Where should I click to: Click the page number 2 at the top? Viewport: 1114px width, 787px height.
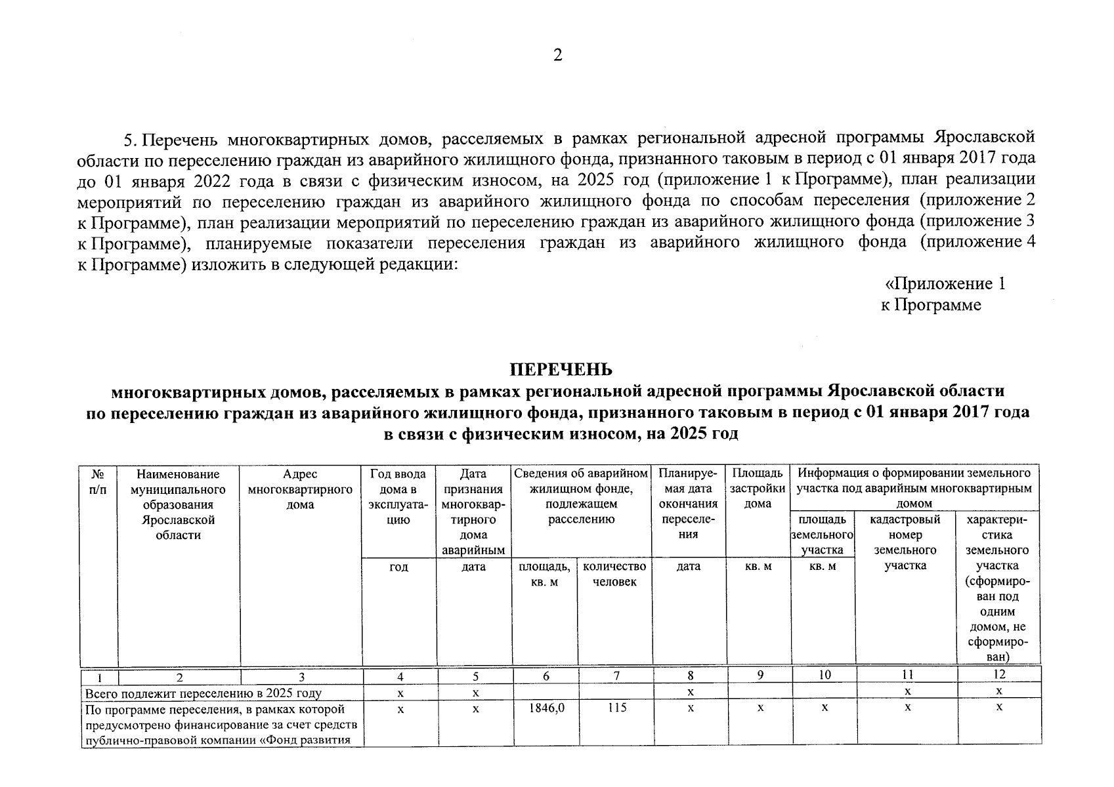(x=557, y=56)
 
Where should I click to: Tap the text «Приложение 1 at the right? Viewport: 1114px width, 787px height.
(x=945, y=284)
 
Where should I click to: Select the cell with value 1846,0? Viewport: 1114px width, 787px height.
(x=544, y=708)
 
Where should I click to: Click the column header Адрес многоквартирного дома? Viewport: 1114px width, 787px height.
(x=301, y=489)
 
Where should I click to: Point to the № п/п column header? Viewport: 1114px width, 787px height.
(x=98, y=481)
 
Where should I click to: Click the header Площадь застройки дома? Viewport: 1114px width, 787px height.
(x=758, y=489)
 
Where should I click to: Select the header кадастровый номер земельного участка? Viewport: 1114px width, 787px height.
(x=905, y=542)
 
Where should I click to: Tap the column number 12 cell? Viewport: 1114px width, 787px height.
(x=998, y=675)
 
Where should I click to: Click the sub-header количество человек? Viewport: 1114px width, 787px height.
(x=614, y=574)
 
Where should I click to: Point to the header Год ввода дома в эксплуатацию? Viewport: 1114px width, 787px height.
(x=398, y=496)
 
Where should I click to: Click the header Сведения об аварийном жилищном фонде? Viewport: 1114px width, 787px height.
(x=581, y=496)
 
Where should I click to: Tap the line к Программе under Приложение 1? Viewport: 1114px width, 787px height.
(x=931, y=305)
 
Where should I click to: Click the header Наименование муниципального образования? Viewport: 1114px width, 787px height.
(x=178, y=504)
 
